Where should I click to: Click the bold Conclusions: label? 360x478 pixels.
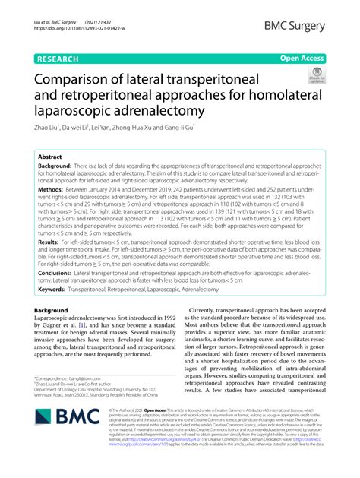click(x=58, y=271)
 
